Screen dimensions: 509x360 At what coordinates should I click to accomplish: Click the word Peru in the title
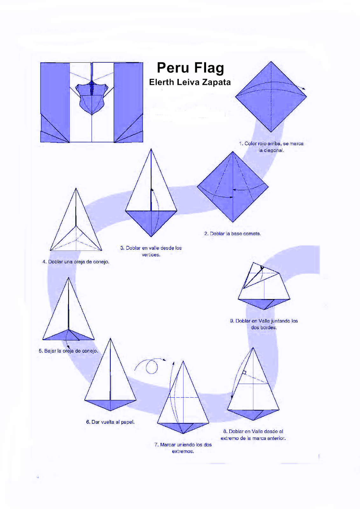click(173, 68)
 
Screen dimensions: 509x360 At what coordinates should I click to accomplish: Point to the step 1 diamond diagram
click(271, 97)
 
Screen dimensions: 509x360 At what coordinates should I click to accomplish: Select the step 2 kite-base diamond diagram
click(232, 187)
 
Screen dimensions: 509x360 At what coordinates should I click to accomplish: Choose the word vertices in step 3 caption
click(151, 254)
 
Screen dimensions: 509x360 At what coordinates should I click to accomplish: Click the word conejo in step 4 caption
click(101, 262)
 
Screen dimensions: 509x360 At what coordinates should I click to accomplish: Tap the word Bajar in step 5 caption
click(50, 351)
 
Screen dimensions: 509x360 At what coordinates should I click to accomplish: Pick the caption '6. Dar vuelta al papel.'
click(110, 422)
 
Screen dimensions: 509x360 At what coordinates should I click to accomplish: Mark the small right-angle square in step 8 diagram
click(244, 373)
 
